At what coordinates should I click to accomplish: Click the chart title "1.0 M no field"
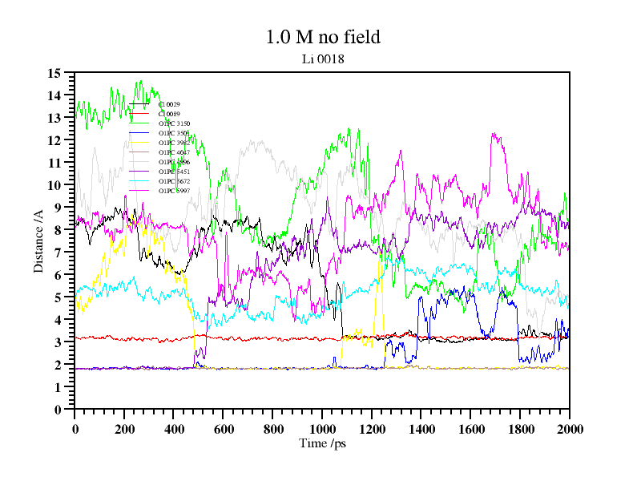click(x=322, y=37)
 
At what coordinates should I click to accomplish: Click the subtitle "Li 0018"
click(x=322, y=59)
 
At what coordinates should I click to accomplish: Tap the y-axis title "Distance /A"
click(x=38, y=240)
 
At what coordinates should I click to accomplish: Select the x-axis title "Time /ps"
click(x=322, y=443)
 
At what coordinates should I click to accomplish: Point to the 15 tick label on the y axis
click(x=54, y=73)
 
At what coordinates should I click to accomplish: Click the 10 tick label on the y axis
click(x=54, y=185)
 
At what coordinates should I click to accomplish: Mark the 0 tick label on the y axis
click(x=58, y=410)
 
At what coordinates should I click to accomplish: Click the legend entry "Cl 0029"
click(x=169, y=104)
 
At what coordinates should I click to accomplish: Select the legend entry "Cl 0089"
click(x=169, y=114)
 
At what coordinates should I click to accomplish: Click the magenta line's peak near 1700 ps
click(x=494, y=135)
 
